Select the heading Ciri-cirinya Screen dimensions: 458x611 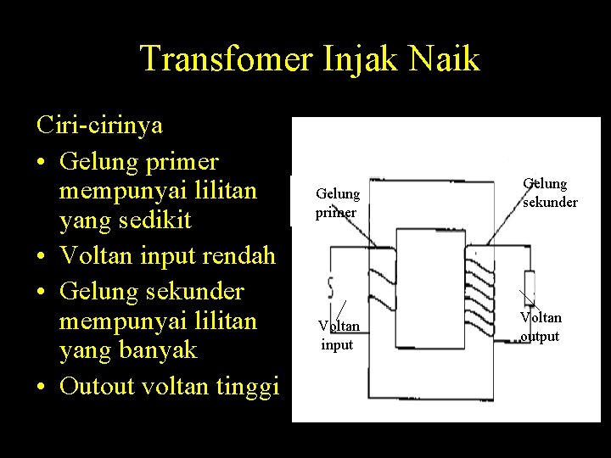(100, 126)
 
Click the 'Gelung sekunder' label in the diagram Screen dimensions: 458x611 (549, 193)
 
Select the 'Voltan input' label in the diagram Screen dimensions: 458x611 (339, 335)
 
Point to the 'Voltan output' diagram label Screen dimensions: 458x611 (541, 327)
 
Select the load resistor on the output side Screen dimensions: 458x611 (529, 283)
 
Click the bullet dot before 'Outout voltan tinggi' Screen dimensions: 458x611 (43, 388)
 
